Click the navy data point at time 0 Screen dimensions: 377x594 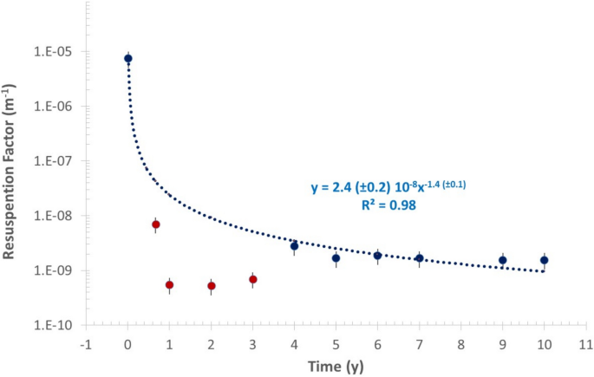tap(128, 58)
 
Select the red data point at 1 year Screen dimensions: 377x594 tap(170, 284)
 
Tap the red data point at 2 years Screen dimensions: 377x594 tap(212, 285)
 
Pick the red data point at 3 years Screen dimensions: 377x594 tap(253, 279)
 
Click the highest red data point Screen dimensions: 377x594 tap(156, 224)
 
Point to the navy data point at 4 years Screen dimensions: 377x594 tap(295, 246)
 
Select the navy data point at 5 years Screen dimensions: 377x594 tap(336, 258)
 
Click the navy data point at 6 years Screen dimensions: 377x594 tap(378, 256)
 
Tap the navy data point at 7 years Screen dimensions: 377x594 tap(420, 258)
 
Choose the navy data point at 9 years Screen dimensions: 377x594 tap(503, 260)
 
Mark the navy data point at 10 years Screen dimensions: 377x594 tap(545, 260)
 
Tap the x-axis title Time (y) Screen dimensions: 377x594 tap(336, 366)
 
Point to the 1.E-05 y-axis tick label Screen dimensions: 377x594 tap(57, 52)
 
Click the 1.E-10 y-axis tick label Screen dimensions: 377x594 tap(57, 326)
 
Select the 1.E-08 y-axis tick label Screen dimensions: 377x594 tap(57, 217)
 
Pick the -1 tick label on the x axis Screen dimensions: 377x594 tap(86, 344)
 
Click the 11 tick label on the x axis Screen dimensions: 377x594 tap(586, 344)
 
